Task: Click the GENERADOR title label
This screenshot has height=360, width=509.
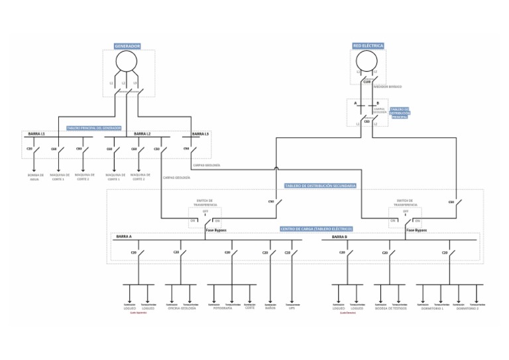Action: click(127, 46)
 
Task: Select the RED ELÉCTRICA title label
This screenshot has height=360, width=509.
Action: click(368, 46)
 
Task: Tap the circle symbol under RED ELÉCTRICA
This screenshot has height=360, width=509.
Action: click(367, 60)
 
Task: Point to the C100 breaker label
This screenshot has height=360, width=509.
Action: click(367, 82)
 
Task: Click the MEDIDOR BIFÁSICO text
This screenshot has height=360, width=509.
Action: click(388, 86)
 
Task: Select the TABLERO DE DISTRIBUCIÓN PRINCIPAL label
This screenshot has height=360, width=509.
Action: click(399, 113)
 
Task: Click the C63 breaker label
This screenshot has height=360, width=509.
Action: click(367, 121)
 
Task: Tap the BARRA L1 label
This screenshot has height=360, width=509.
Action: click(36, 134)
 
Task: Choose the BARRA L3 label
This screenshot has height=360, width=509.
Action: click(200, 134)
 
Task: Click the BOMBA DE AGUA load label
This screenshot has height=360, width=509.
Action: click(36, 177)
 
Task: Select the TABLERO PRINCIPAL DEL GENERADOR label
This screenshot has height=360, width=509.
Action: click(94, 127)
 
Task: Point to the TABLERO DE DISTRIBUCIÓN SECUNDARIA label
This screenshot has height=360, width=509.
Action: click(321, 186)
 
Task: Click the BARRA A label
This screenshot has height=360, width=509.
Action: click(124, 236)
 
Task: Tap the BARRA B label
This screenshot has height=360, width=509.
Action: click(339, 236)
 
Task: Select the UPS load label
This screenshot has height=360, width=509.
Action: click(292, 308)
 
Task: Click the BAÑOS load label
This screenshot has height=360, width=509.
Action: click(270, 308)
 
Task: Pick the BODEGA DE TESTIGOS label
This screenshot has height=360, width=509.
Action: click(391, 308)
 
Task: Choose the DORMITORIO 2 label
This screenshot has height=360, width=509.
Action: click(467, 308)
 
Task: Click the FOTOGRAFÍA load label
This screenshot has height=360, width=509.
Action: click(223, 308)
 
